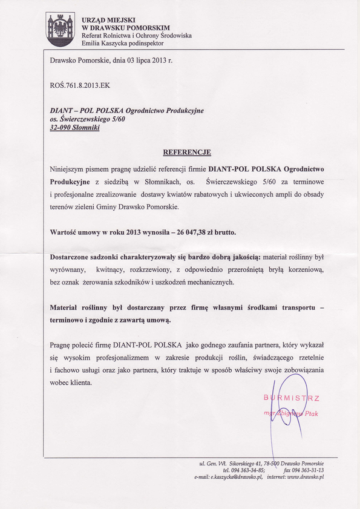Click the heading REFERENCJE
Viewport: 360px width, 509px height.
187,152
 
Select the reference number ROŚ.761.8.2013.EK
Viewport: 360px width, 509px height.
80,85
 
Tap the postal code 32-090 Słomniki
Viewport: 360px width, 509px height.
76,128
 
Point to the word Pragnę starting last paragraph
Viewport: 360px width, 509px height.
61,344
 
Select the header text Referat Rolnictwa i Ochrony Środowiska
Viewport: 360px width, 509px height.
136,36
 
